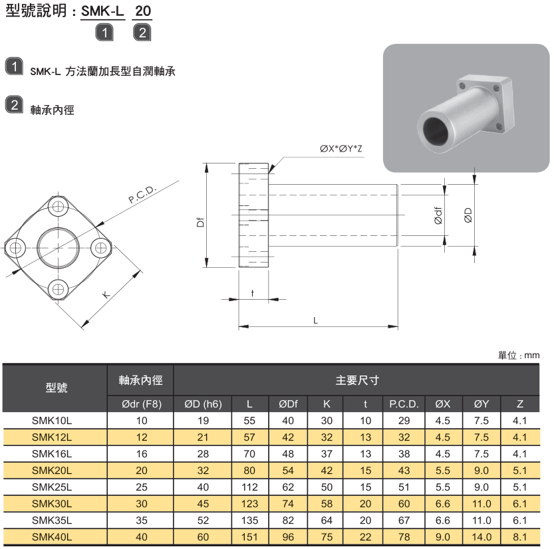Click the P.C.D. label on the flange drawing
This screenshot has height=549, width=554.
click(142, 194)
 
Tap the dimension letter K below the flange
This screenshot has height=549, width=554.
click(106, 294)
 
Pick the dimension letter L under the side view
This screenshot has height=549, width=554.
click(315, 320)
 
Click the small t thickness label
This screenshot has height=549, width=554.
click(253, 292)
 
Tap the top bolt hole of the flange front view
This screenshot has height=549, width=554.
click(58, 206)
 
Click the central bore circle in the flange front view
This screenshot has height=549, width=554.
click(58, 248)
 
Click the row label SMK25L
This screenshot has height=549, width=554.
click(52, 487)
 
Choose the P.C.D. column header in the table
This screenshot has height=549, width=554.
click(404, 403)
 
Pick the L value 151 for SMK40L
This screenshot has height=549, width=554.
click(249, 537)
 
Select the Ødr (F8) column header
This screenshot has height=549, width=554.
click(142, 403)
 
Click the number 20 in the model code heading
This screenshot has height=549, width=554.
click(143, 11)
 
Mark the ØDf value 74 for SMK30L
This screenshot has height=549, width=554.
click(288, 504)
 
